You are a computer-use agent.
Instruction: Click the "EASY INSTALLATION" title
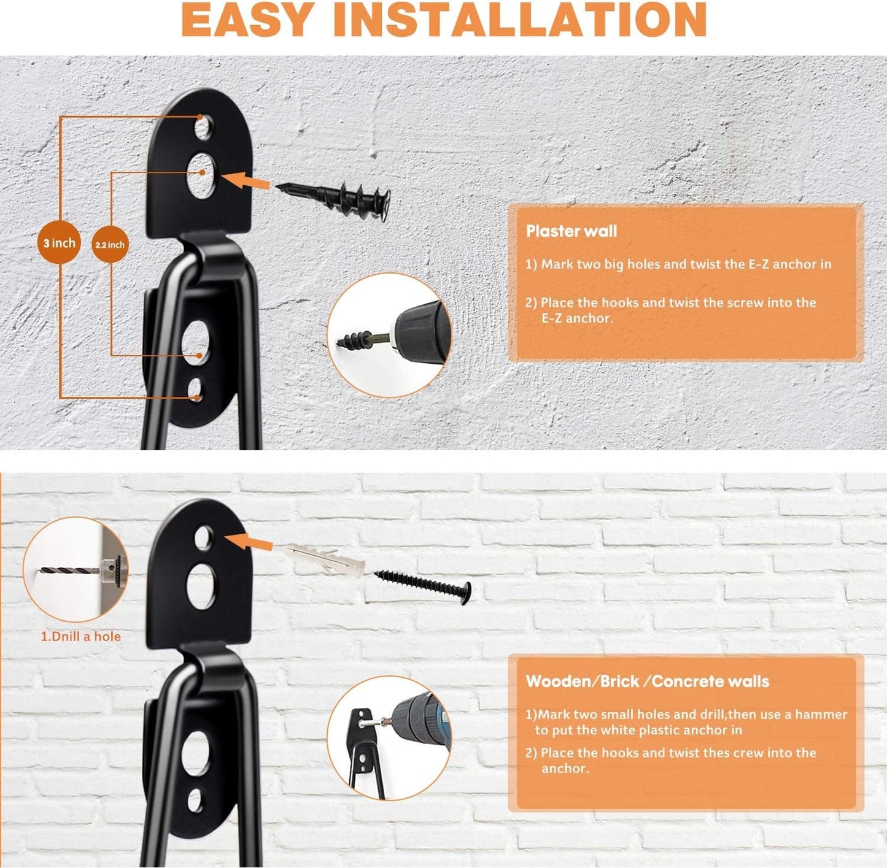pos(443,20)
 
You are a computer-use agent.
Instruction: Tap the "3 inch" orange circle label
pos(59,243)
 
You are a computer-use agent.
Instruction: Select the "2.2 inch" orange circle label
pos(110,245)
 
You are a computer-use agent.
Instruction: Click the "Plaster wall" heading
pos(571,231)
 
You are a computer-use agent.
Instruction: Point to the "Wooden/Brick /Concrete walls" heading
pos(647,682)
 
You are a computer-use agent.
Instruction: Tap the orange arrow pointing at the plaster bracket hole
pos(246,181)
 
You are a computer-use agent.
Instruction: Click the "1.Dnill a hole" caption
pos(80,637)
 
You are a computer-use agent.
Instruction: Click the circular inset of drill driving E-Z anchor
pos(389,336)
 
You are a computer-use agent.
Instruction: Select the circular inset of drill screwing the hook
pos(389,737)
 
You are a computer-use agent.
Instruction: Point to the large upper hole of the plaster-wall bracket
pos(201,175)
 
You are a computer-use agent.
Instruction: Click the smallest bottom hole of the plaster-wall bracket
pos(195,390)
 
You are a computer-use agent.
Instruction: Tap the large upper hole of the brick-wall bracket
pos(201,583)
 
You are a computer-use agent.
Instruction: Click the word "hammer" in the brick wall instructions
pos(821,715)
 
